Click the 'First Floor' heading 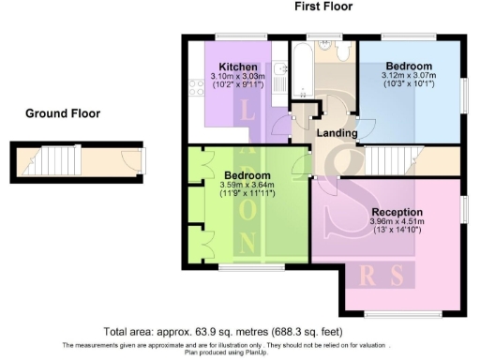tap(324, 7)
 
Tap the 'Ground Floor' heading tap(63, 113)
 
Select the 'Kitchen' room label tap(235, 66)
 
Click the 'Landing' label tap(337, 134)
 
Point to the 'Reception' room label tap(397, 212)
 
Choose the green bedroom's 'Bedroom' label tap(247, 175)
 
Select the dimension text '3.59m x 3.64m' tap(247, 186)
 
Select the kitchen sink tap(281, 69)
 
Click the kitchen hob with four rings tap(197, 89)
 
